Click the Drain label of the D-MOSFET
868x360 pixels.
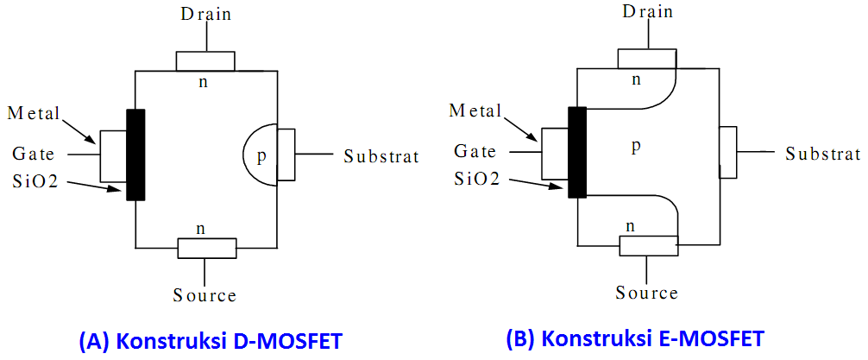click(205, 14)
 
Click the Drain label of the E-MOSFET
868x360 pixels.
click(648, 11)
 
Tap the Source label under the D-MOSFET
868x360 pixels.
click(204, 295)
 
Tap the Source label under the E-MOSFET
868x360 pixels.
click(647, 293)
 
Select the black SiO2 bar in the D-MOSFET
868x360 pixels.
click(135, 155)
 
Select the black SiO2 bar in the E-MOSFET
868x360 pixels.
click(578, 152)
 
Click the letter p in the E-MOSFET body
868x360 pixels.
click(635, 147)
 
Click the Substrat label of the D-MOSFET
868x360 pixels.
click(381, 156)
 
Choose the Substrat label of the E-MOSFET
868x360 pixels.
click(823, 154)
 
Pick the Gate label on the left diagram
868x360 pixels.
click(34, 155)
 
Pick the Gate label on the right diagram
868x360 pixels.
click(475, 151)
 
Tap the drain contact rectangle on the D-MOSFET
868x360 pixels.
click(205, 61)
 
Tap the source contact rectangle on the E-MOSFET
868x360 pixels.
click(648, 245)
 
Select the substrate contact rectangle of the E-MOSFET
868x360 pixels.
click(728, 152)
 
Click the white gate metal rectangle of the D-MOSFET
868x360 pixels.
click(113, 155)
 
